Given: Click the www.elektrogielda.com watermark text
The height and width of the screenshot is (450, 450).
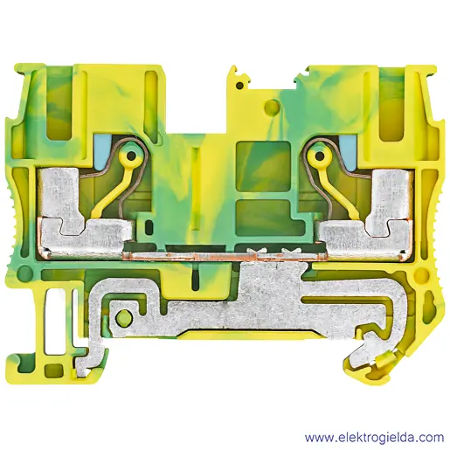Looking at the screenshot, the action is [x=374, y=438].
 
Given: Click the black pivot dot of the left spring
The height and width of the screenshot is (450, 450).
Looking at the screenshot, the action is [x=131, y=156].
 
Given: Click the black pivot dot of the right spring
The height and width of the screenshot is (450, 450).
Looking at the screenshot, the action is [x=320, y=156].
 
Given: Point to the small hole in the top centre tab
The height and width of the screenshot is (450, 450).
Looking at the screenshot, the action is [x=239, y=86].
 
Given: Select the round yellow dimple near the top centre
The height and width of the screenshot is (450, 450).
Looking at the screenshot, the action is [x=272, y=107].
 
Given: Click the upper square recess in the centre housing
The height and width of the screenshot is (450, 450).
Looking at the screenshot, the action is [x=264, y=166].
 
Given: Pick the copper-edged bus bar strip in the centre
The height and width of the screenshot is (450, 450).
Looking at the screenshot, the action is [x=225, y=256].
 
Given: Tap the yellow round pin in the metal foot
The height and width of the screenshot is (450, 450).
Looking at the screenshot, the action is [x=123, y=316].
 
